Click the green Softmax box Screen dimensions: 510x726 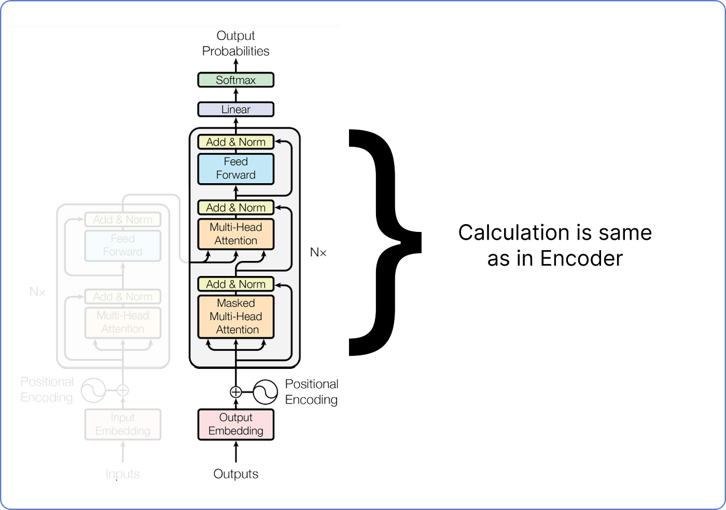[235, 80]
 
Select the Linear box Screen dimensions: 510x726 [235, 109]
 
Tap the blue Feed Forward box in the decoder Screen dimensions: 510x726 [235, 169]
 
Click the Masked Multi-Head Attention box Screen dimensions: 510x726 [235, 316]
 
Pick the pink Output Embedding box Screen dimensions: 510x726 [235, 424]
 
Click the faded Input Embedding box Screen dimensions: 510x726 [123, 424]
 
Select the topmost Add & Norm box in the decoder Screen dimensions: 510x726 [235, 142]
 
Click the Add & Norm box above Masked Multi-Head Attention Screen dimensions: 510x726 [235, 284]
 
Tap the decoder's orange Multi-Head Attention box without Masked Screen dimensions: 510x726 [235, 234]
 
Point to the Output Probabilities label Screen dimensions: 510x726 [235, 44]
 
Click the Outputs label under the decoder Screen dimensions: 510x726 [235, 474]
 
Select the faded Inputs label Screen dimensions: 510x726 [123, 474]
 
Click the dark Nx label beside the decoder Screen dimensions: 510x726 [318, 253]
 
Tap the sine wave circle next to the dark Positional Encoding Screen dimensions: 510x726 [266, 392]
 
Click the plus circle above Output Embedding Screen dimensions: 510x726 [236, 392]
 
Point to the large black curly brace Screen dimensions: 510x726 [384, 242]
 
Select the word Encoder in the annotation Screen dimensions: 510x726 [581, 258]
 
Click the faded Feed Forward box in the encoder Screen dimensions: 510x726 [123, 245]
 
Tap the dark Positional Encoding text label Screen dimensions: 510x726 [311, 392]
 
